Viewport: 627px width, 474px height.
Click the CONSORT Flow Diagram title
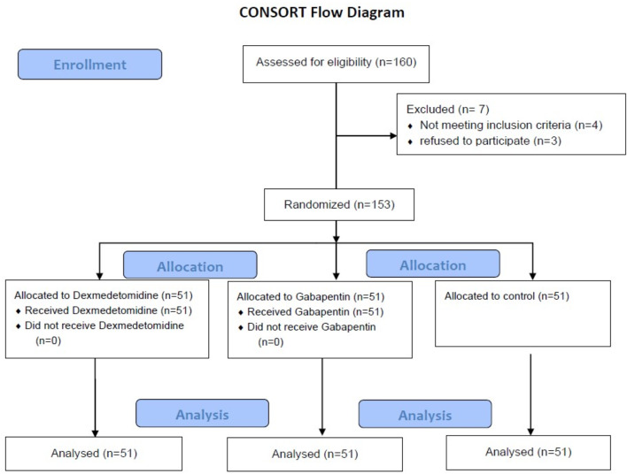click(321, 12)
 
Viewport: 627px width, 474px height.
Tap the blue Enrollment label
click(90, 65)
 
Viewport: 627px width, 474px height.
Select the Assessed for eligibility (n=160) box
click(336, 64)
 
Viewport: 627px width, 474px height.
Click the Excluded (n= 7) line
click(448, 109)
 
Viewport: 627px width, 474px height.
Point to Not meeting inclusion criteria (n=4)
click(511, 125)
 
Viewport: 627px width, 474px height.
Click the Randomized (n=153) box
click(339, 204)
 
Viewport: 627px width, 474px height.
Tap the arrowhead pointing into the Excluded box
click(393, 136)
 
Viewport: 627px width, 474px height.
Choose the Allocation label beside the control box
click(433, 264)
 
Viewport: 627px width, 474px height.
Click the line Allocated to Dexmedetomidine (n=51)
click(104, 295)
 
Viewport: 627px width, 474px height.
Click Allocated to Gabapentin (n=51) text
click(311, 297)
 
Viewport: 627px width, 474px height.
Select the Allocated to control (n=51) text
click(507, 296)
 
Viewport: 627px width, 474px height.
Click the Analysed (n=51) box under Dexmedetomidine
click(94, 454)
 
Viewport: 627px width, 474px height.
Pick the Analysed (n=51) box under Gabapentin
click(315, 455)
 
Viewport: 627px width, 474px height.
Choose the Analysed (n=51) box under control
click(528, 453)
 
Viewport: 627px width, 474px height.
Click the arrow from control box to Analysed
click(530, 394)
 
